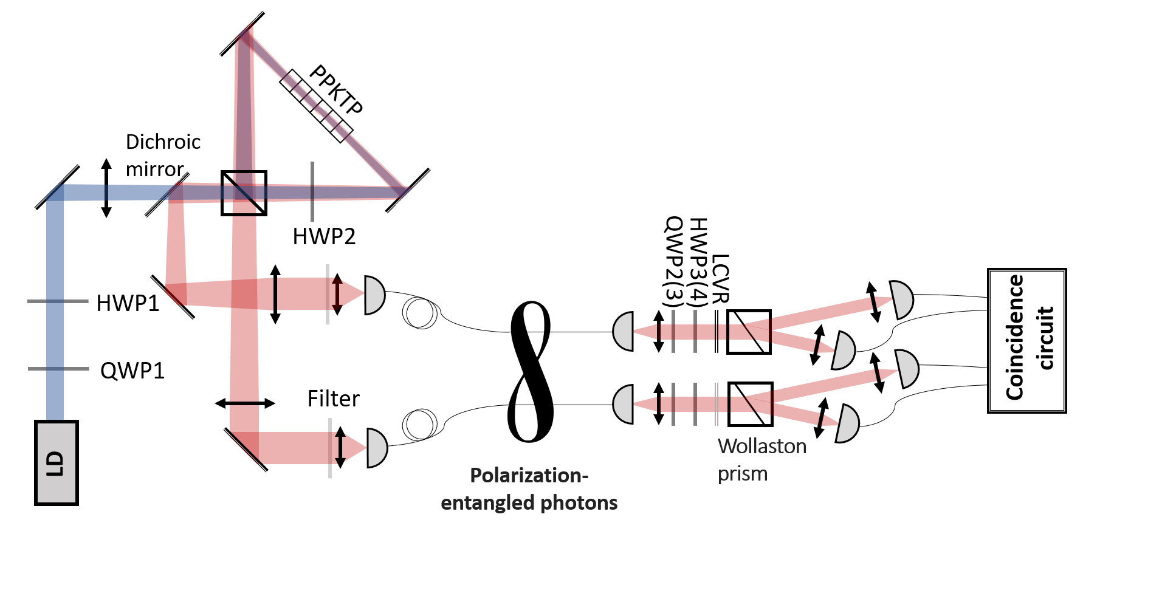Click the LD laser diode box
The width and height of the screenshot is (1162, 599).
(x=57, y=463)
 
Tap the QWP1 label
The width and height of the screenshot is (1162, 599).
(x=132, y=371)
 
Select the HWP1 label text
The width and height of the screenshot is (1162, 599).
(x=128, y=303)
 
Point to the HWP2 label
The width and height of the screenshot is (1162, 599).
(x=324, y=236)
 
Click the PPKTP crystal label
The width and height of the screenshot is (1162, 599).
(x=336, y=89)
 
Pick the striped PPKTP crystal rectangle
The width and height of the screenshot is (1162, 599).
(x=316, y=106)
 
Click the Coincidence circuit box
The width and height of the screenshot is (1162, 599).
(x=1027, y=341)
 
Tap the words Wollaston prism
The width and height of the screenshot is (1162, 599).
(x=762, y=460)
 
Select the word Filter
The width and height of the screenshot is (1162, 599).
(x=333, y=399)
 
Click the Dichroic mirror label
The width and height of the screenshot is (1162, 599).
(x=163, y=156)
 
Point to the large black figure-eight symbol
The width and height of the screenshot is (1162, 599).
(x=531, y=371)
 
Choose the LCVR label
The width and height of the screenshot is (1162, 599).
(x=720, y=279)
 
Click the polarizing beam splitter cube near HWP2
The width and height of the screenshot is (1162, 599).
(x=244, y=193)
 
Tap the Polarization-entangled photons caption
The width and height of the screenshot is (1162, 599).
(x=529, y=489)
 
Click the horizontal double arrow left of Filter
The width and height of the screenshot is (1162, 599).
(x=245, y=403)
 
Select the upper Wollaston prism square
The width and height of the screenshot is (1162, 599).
(x=749, y=332)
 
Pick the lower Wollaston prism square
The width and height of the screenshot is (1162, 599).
(x=750, y=404)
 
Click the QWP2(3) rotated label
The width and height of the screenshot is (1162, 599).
(x=673, y=261)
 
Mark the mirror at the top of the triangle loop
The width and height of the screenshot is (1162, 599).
(x=242, y=33)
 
